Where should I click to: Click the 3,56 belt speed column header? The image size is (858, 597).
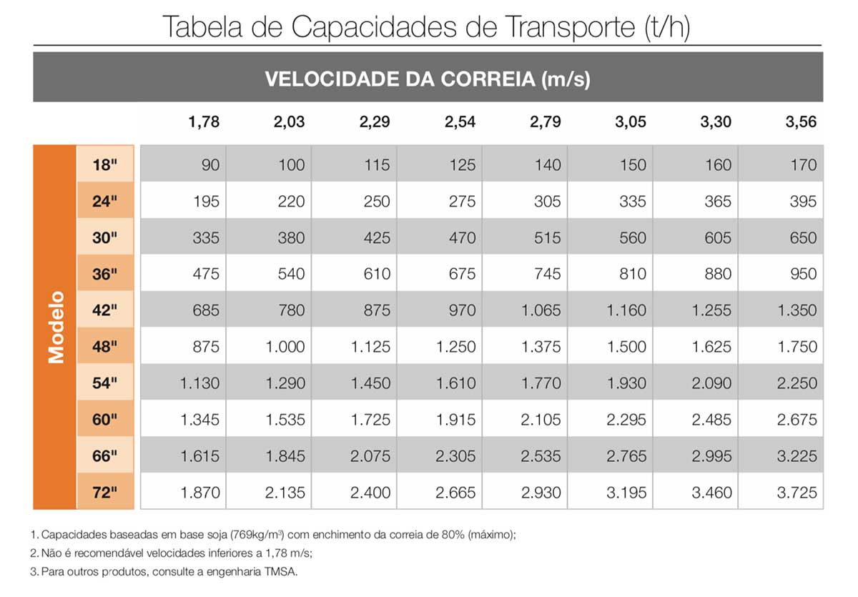(x=800, y=122)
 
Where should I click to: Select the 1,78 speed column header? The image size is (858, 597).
(x=204, y=122)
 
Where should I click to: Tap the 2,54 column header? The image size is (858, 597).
(x=460, y=122)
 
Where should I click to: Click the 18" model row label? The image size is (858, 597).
(x=104, y=165)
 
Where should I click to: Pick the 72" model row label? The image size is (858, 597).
(x=104, y=492)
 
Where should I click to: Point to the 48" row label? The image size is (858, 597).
(x=104, y=347)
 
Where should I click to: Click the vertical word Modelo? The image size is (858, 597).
(x=56, y=327)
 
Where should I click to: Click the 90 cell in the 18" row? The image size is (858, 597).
(x=210, y=165)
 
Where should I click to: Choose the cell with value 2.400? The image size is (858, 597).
(x=370, y=492)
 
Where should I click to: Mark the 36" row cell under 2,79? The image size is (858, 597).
(x=547, y=274)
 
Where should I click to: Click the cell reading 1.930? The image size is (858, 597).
(x=626, y=383)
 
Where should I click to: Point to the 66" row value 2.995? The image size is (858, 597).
(x=711, y=456)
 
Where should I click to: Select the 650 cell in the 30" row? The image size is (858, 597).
(x=802, y=238)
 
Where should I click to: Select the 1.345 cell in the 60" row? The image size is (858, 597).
(x=199, y=420)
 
